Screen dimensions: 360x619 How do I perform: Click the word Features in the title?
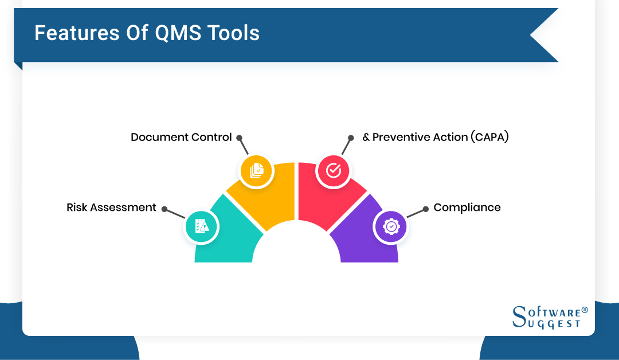tap(70, 33)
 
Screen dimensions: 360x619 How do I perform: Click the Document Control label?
tap(181, 138)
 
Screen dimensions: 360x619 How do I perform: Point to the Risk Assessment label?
tap(111, 208)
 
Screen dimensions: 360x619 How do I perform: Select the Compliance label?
tap(467, 208)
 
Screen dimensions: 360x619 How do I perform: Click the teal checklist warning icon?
tap(201, 226)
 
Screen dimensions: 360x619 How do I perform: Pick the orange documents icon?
tap(256, 170)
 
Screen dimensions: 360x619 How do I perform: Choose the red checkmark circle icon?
tap(334, 170)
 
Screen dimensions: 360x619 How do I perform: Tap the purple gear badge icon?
tap(390, 226)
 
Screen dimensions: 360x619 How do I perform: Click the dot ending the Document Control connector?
tap(239, 138)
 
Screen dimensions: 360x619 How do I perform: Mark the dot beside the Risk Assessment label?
tap(164, 209)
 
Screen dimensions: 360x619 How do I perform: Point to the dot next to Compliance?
tap(425, 209)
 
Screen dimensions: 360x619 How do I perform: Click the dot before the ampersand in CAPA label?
tap(351, 138)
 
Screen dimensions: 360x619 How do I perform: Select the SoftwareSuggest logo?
tap(550, 316)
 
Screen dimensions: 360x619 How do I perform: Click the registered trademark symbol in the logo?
tap(585, 310)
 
